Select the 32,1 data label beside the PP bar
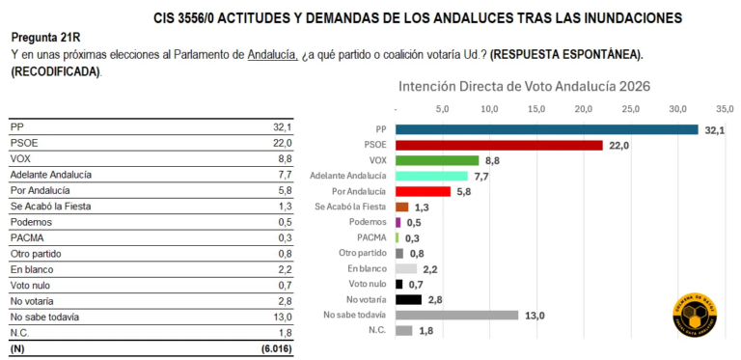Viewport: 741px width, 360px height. [714, 129]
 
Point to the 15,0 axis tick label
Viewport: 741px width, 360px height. [536, 108]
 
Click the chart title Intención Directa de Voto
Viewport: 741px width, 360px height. [525, 86]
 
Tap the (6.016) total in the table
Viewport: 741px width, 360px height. [274, 347]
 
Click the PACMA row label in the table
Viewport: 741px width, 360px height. [26, 237]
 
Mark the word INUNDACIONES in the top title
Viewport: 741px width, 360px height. [626, 17]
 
